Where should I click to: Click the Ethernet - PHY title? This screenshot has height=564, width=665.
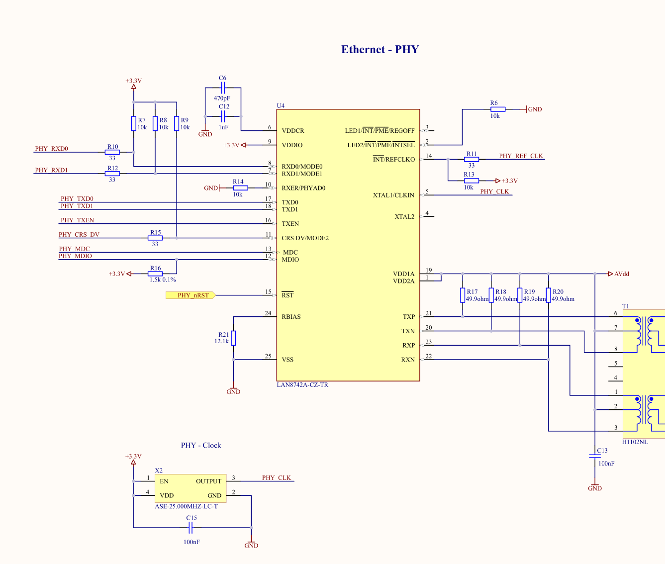tap(380, 49)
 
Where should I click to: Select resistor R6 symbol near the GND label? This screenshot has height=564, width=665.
tap(498, 109)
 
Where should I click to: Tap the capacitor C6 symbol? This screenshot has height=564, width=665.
tap(223, 88)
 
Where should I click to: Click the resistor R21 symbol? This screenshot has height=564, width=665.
tap(234, 338)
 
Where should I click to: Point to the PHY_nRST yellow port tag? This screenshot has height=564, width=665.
tap(190, 295)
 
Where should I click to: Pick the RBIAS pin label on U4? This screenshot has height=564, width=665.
tap(291, 317)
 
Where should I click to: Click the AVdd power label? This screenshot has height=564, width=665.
tap(622, 274)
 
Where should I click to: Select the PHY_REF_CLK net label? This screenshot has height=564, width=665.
tap(521, 156)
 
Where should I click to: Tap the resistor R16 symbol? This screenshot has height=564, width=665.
tap(155, 274)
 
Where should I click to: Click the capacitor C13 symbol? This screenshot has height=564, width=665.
tap(595, 456)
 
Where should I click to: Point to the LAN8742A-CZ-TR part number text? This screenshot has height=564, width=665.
tap(302, 385)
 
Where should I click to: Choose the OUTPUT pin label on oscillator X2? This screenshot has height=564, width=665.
tap(208, 481)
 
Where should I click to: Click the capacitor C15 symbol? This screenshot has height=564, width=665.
tap(190, 528)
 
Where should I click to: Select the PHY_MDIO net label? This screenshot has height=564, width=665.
tap(75, 256)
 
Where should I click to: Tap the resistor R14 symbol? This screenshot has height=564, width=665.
tap(240, 188)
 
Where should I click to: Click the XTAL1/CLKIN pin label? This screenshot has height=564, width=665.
tap(393, 195)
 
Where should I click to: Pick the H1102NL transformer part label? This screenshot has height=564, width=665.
tap(635, 442)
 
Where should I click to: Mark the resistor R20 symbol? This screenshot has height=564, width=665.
tap(549, 295)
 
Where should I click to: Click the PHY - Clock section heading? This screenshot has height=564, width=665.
tap(201, 445)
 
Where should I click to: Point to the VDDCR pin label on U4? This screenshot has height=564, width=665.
tap(293, 131)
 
